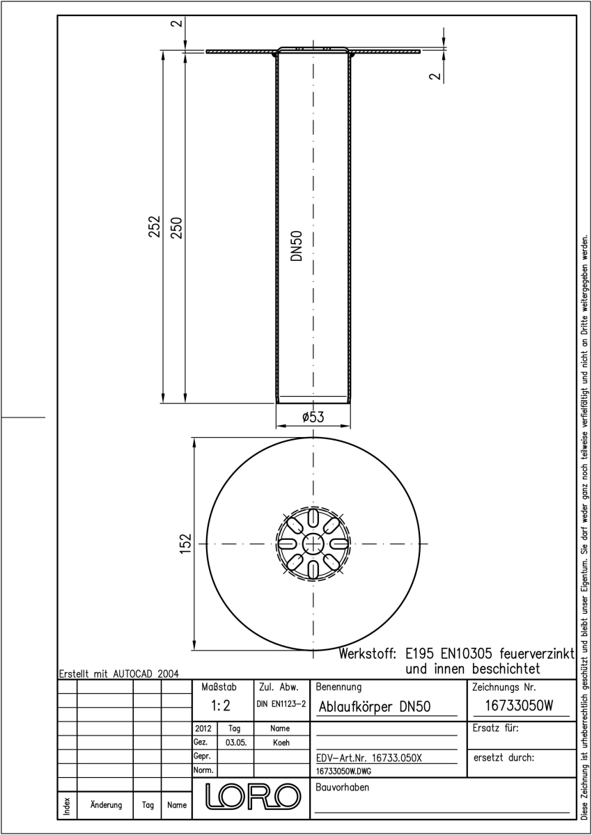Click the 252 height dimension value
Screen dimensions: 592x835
[x=155, y=226]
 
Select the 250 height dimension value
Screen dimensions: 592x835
[x=176, y=228]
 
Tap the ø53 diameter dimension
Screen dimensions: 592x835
[x=313, y=417]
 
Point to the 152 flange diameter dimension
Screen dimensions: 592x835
[x=185, y=543]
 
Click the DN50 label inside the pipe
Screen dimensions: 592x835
[x=297, y=246]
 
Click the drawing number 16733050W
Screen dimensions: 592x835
[x=519, y=706]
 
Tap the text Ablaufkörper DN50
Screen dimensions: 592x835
[x=375, y=707]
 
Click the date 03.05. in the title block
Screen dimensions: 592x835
[x=236, y=742]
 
